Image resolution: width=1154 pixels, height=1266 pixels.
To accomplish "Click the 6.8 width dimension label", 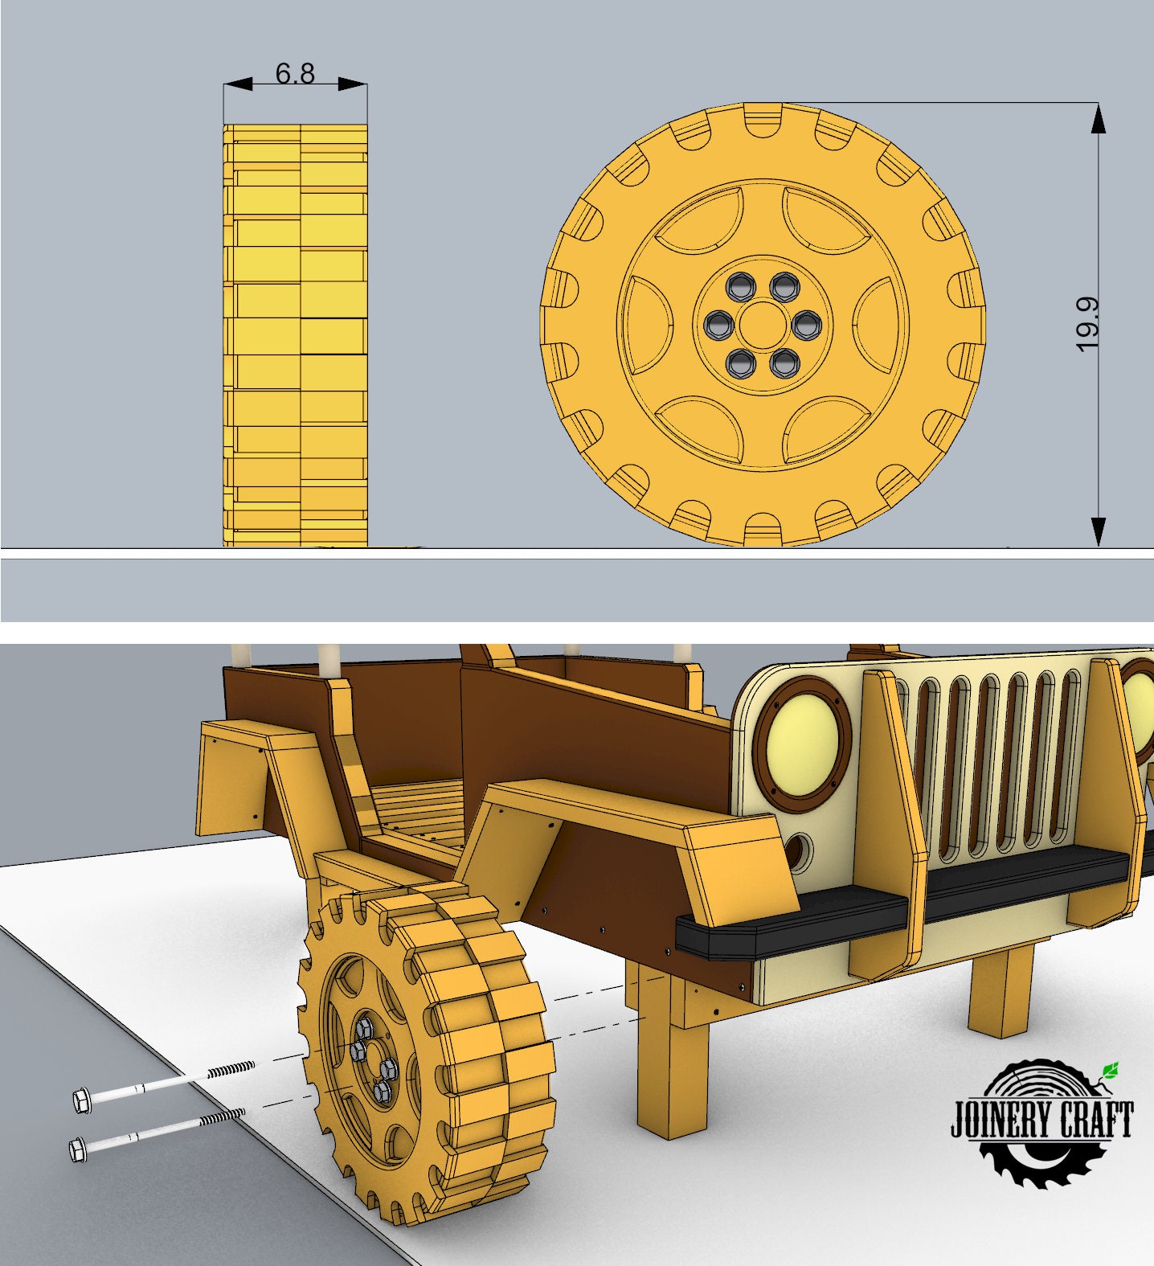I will [x=295, y=73].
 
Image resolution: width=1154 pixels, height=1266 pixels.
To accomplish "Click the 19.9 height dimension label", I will [x=1086, y=324].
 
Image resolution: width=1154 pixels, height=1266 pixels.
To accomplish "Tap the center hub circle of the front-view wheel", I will [x=761, y=324].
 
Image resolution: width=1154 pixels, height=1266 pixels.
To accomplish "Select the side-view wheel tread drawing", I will [x=295, y=335].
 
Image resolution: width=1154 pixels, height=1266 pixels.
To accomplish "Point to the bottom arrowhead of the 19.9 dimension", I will [x=1099, y=531].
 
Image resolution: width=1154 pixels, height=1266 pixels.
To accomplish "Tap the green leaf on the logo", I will [x=1111, y=1070].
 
